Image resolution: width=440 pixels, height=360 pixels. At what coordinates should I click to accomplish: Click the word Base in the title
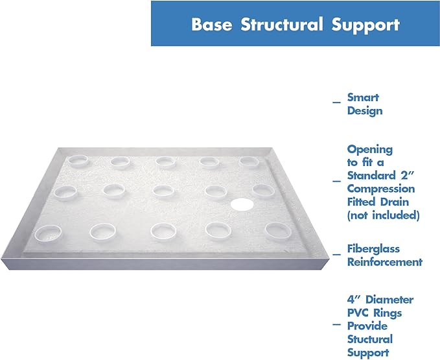[x=212, y=25]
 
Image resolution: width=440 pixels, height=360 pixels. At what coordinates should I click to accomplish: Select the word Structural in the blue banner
[x=285, y=25]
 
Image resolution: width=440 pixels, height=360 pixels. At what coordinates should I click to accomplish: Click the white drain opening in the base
[x=240, y=205]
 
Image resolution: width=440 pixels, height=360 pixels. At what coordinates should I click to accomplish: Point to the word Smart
[x=363, y=97]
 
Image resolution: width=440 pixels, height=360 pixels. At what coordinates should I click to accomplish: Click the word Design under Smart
[x=364, y=111]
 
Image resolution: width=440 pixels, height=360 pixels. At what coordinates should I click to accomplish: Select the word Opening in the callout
[x=369, y=149]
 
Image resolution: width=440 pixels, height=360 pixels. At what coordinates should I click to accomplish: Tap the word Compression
[x=381, y=189]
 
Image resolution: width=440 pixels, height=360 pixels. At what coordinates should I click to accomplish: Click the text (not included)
[x=383, y=215]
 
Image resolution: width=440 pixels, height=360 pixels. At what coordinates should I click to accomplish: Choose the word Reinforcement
[x=384, y=262]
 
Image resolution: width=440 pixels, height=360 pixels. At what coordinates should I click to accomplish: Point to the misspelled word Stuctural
[x=369, y=339]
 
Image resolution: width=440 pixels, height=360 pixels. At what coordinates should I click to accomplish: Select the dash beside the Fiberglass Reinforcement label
[x=336, y=255]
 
